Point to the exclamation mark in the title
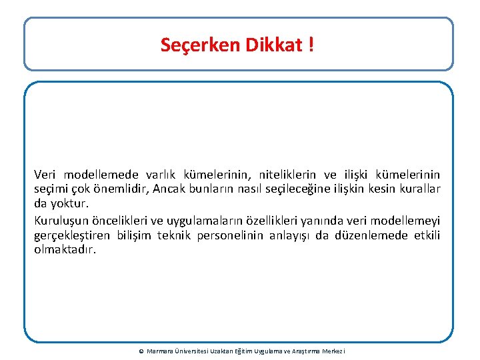click(x=311, y=45)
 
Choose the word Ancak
click(x=169, y=189)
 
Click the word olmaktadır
click(x=65, y=249)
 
